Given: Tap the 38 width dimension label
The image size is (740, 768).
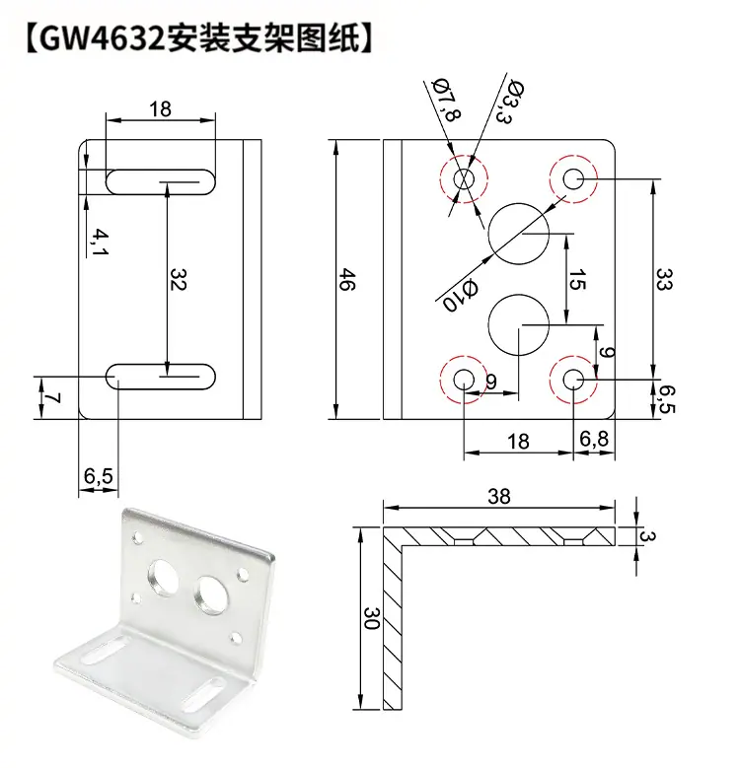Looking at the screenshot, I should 499,497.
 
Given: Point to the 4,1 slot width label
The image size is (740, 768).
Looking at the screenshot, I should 100,239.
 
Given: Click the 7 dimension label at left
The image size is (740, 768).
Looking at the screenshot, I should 53,398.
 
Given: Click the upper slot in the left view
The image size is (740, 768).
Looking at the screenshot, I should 161,180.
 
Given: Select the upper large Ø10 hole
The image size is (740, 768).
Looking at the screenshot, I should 518,234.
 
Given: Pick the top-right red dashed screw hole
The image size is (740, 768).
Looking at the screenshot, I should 574,178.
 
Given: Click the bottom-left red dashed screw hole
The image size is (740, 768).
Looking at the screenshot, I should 464,378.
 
